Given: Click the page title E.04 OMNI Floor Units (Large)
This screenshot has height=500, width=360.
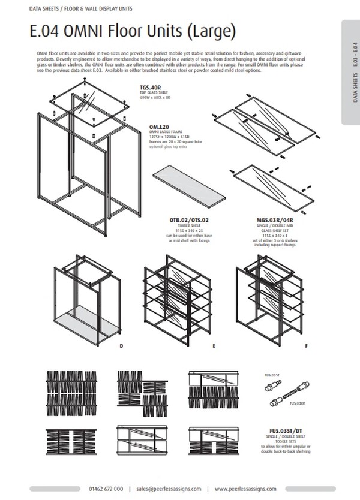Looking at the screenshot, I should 133,31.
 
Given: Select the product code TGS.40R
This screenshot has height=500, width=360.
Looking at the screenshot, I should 150,86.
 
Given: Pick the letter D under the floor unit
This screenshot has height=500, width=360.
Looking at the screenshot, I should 121,347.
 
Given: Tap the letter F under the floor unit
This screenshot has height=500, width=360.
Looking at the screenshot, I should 306,347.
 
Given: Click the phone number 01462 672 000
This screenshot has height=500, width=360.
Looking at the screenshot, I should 106,488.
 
